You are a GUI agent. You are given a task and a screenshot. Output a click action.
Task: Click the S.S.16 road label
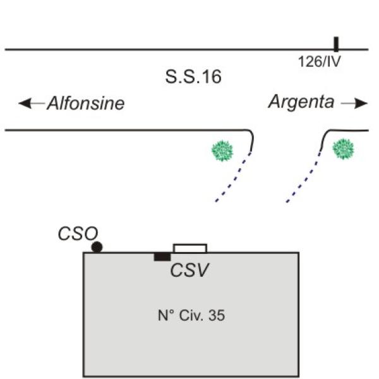pos(193,78)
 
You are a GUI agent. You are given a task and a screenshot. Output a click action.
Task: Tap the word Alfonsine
pos(85,104)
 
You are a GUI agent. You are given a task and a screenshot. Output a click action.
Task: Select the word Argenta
pos(301,102)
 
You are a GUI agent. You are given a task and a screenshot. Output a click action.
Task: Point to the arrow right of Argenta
pos(354,104)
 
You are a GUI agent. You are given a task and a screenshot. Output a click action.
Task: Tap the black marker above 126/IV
pos(336,44)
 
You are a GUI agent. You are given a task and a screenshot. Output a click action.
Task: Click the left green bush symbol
pos(222,150)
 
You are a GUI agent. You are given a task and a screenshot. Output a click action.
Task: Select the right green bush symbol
pos(343,149)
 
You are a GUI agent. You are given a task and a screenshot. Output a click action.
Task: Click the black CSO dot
pos(97,247)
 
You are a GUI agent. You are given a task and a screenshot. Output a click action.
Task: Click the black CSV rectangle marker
pos(162,256)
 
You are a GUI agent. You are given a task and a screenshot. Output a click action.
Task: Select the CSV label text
pos(189,270)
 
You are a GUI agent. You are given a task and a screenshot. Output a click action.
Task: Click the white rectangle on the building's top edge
pos(189,248)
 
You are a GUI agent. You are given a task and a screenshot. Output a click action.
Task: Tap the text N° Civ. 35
pos(191,315)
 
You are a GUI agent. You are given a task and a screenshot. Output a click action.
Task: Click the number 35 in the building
pos(216,315)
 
